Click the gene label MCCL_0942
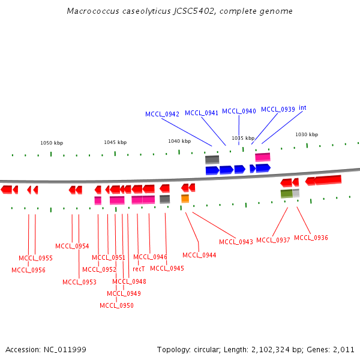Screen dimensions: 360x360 point(162,114)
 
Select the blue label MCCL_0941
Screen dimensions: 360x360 point(202,113)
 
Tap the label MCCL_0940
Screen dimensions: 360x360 point(239,111)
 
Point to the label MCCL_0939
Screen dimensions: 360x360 point(278,109)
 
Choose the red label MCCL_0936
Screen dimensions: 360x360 point(311,238)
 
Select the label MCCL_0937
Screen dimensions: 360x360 point(273,240)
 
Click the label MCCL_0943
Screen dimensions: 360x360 point(236,242)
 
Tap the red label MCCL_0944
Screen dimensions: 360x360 point(199,255)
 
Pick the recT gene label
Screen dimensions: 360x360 point(139,269)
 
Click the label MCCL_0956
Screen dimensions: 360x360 point(28,270)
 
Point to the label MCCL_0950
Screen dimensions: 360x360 point(116,305)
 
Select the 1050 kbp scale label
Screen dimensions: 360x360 point(52,143)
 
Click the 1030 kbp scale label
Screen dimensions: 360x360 point(307,135)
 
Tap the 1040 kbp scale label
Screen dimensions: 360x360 point(179,141)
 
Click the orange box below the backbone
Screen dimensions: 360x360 point(185,199)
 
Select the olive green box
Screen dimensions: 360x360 point(286,193)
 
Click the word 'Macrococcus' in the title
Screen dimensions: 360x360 point(89,11)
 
